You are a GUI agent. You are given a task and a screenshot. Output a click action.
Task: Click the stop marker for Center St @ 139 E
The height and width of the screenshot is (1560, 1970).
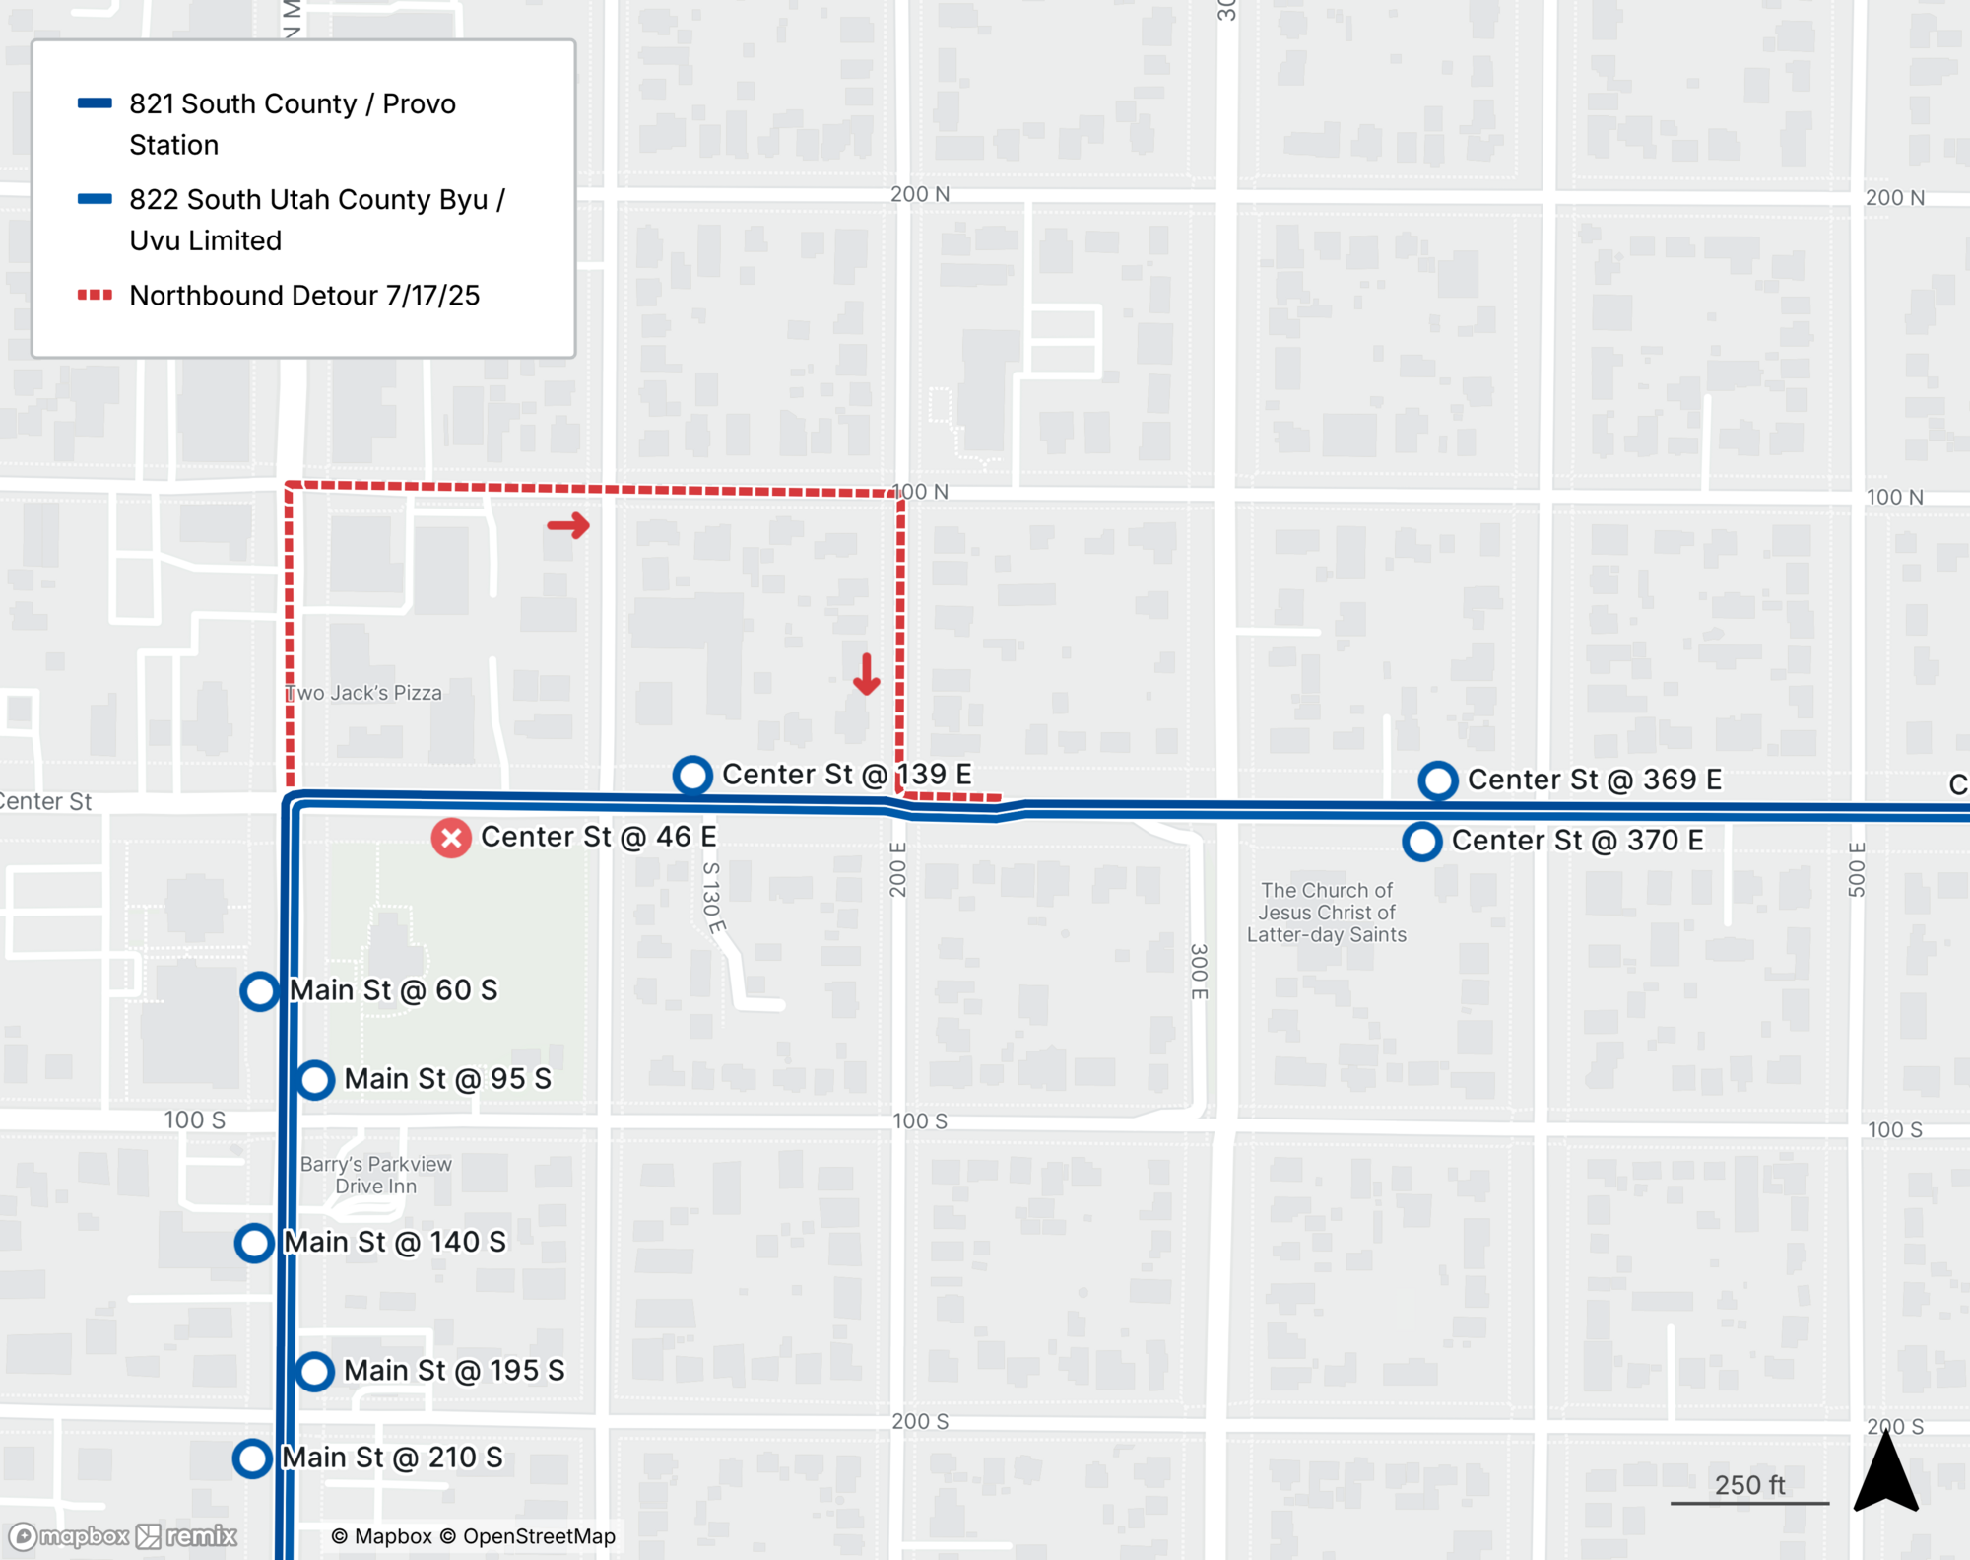coord(692,775)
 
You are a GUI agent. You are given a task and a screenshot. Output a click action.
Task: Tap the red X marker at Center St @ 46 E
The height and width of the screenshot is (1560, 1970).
coord(451,839)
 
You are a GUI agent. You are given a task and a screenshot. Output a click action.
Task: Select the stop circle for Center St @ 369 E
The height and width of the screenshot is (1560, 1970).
coord(1438,780)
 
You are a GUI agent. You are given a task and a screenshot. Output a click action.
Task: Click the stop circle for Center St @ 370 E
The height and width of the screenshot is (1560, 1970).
coord(1422,842)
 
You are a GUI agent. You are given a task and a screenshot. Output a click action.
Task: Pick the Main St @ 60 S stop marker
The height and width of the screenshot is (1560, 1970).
coord(260,991)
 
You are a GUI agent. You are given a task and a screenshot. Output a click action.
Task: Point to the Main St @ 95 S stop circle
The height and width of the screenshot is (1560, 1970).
coord(315,1080)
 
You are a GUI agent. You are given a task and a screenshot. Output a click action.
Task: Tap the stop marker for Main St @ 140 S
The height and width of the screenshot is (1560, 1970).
coord(254,1243)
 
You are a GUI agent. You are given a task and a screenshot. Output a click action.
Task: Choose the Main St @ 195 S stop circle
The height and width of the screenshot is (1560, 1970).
coord(314,1371)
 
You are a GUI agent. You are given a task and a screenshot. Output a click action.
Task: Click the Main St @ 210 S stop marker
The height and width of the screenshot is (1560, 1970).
coord(252,1458)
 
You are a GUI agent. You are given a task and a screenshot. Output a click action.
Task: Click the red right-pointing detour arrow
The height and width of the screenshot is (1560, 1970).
coord(568,525)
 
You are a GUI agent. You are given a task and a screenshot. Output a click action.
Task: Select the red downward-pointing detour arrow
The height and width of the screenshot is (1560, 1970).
coord(866,675)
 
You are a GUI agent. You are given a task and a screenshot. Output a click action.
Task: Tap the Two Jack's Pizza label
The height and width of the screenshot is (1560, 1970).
coord(364,693)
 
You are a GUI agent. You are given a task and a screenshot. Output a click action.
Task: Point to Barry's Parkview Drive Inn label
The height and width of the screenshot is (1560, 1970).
coord(375,1175)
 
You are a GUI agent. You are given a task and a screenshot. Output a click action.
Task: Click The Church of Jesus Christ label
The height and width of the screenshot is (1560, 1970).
coord(1326,913)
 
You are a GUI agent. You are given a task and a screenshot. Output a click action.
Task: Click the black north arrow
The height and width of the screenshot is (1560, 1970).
coord(1885,1473)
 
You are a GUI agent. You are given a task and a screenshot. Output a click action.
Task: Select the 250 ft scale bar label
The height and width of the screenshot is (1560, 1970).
coord(1749,1485)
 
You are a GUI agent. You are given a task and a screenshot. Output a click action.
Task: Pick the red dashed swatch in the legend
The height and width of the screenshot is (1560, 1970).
coord(95,295)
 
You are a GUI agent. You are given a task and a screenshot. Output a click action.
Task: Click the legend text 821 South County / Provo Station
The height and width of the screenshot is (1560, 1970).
coord(292,124)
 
